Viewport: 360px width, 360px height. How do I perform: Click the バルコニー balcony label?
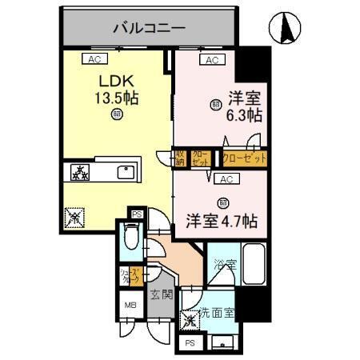tap(149, 28)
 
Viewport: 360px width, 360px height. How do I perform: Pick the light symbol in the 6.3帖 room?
tap(215, 104)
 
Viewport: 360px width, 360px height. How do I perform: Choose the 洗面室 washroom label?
tap(217, 314)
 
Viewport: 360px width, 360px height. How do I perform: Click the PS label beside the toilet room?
tap(136, 214)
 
